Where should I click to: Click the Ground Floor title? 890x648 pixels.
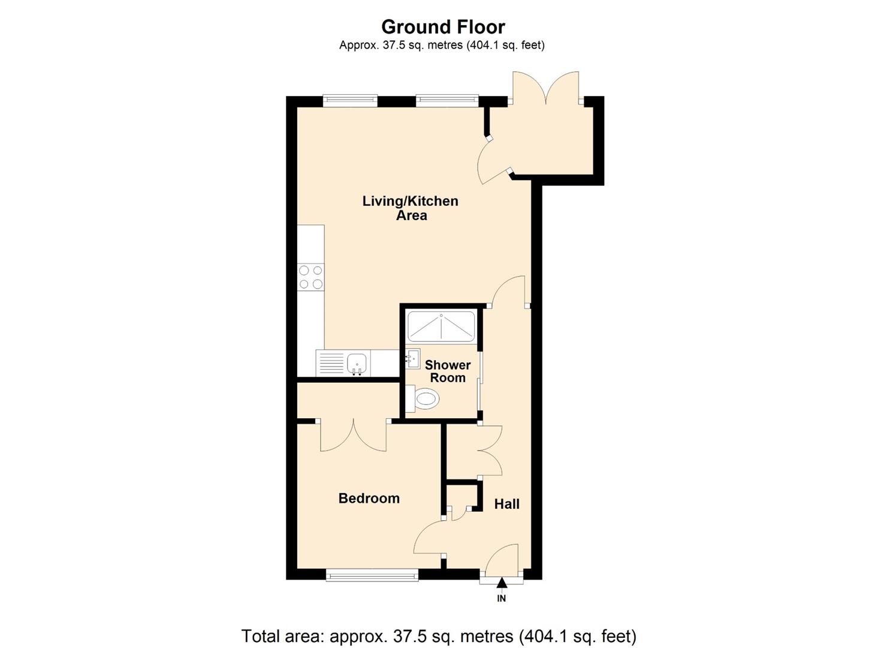click(x=443, y=27)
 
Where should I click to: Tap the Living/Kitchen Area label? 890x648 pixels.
click(x=411, y=208)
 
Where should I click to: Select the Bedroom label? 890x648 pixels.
click(x=369, y=498)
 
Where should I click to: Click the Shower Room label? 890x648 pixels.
click(x=448, y=371)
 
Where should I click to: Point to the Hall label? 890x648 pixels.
click(x=506, y=504)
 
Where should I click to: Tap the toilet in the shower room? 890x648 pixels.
click(x=424, y=398)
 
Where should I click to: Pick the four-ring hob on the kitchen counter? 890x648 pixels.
click(x=311, y=277)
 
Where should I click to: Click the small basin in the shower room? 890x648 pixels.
click(x=412, y=359)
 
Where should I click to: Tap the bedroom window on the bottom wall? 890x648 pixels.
click(x=372, y=575)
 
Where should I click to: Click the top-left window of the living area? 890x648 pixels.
click(x=350, y=100)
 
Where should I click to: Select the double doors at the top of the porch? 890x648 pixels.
click(x=545, y=89)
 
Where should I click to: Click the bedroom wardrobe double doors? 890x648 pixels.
click(x=354, y=435)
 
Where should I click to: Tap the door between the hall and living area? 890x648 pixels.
click(x=509, y=291)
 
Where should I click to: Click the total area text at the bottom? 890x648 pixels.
click(x=438, y=635)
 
